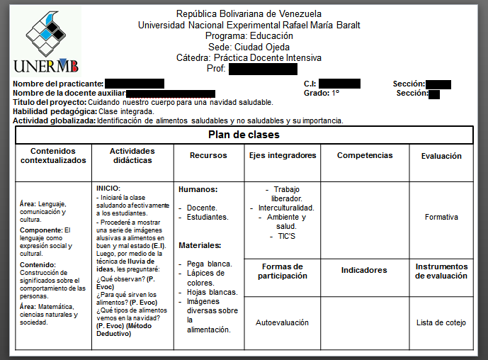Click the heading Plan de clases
click(244, 135)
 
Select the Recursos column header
click(209, 155)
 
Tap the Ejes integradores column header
click(283, 155)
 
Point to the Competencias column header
click(365, 155)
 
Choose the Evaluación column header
click(441, 156)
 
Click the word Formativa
click(441, 218)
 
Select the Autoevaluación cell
click(282, 322)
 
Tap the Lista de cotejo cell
click(441, 322)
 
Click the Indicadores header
click(364, 270)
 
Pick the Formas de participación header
click(282, 271)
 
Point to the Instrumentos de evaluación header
click(441, 271)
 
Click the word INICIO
click(108, 188)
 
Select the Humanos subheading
click(198, 189)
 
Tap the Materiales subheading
click(200, 245)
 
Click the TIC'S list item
click(282, 236)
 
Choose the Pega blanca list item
click(209, 264)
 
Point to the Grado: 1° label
click(322, 93)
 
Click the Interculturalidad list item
click(285, 208)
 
